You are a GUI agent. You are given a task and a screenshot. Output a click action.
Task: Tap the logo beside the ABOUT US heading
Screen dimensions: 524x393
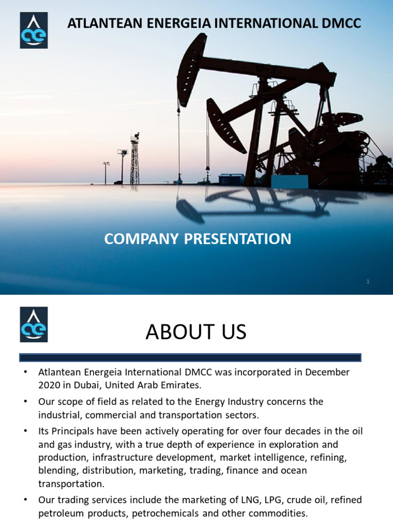(34, 324)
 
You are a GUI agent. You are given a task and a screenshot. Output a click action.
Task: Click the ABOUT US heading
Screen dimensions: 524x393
(196, 333)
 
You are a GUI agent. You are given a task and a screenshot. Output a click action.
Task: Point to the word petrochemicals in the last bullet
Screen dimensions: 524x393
(163, 512)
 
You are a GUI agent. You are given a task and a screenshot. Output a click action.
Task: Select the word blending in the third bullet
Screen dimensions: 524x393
(56, 457)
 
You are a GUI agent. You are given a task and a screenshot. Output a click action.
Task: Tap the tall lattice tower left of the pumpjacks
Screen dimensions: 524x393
(135, 159)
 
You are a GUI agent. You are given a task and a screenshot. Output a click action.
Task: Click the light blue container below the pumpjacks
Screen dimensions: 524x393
(290, 182)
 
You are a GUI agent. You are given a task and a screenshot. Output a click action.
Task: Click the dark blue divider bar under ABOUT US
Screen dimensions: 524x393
(190, 357)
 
